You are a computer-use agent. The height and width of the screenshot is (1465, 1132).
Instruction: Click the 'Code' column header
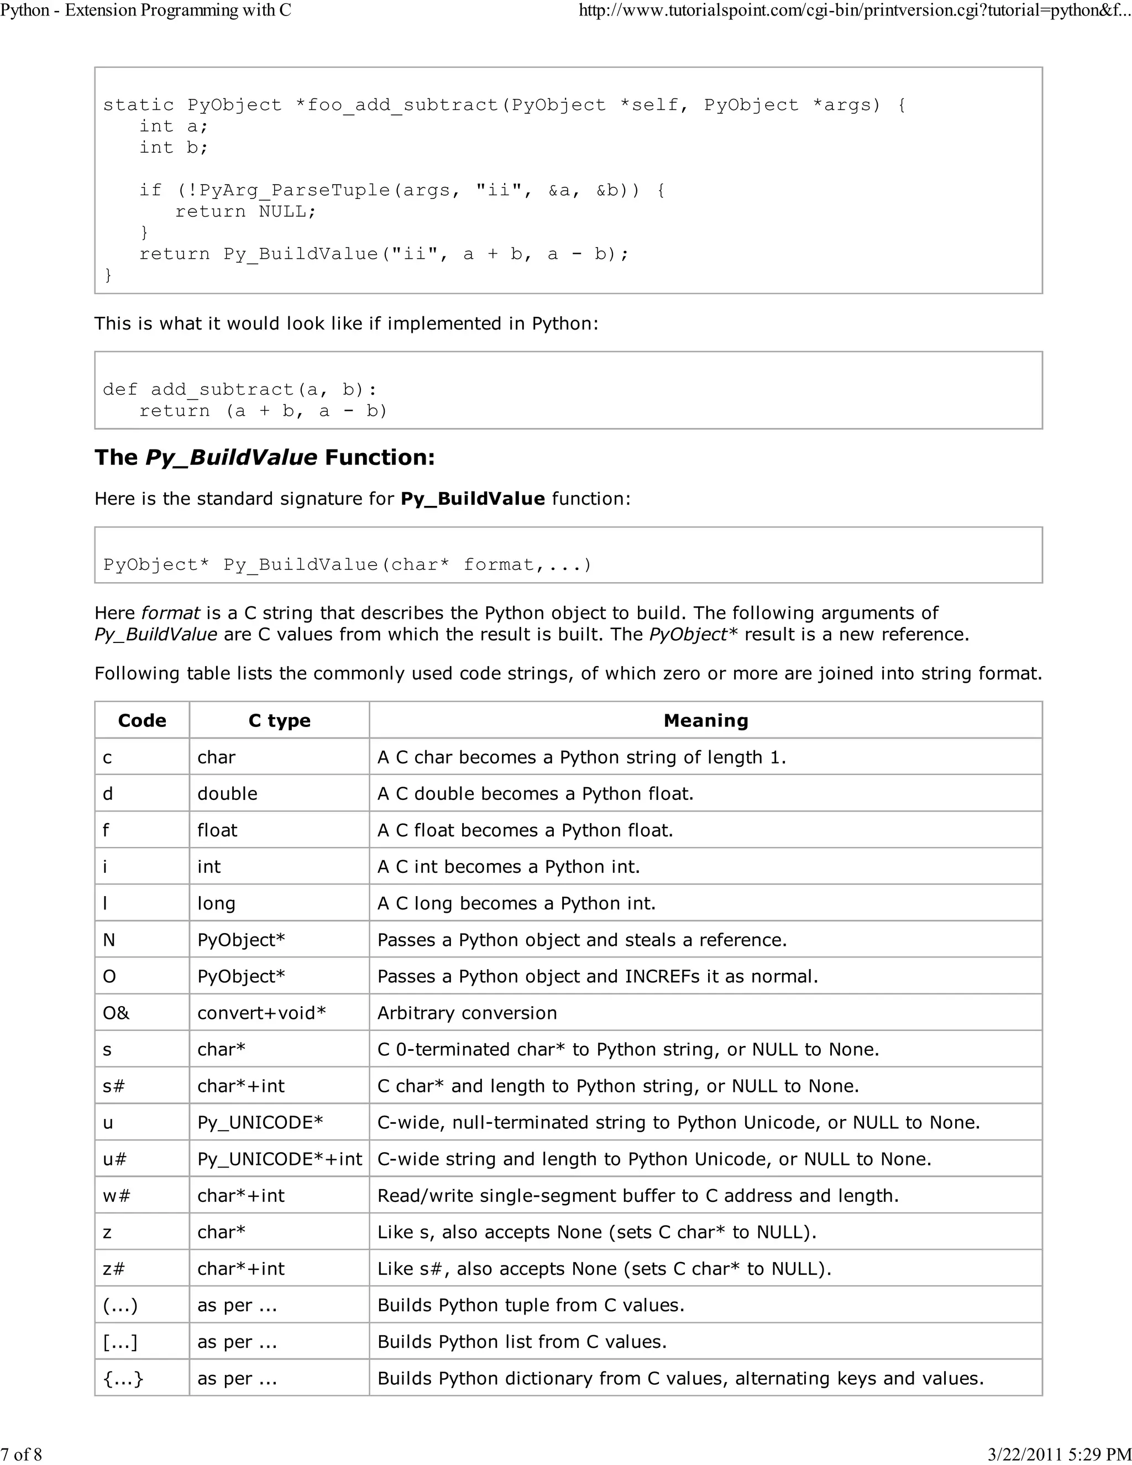(x=141, y=720)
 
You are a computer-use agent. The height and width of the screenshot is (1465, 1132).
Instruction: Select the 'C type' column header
(x=279, y=720)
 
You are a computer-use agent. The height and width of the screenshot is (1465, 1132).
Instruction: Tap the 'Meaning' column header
(x=705, y=720)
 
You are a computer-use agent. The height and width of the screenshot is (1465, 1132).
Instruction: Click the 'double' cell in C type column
(x=227, y=793)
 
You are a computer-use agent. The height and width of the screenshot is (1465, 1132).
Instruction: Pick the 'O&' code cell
(x=116, y=1013)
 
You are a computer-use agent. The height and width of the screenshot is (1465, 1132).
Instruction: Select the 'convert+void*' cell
(x=261, y=1013)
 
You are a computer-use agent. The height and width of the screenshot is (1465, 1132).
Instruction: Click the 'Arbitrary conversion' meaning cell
(x=467, y=1013)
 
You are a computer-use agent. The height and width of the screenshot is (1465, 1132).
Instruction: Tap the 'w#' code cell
(x=116, y=1195)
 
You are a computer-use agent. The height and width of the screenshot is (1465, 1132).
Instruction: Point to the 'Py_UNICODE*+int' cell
(x=279, y=1159)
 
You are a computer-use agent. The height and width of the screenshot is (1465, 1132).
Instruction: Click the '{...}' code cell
(x=123, y=1378)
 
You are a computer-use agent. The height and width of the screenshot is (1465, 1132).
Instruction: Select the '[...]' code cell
(x=120, y=1342)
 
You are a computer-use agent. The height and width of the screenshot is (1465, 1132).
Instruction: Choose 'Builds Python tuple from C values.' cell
(x=531, y=1305)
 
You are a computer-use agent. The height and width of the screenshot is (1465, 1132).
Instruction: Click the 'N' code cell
(x=109, y=940)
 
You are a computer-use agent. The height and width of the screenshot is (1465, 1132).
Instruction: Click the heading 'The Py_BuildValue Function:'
(x=265, y=458)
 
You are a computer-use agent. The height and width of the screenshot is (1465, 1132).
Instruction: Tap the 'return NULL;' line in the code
(x=245, y=211)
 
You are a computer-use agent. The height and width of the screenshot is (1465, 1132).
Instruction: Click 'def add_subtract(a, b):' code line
(x=240, y=390)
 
